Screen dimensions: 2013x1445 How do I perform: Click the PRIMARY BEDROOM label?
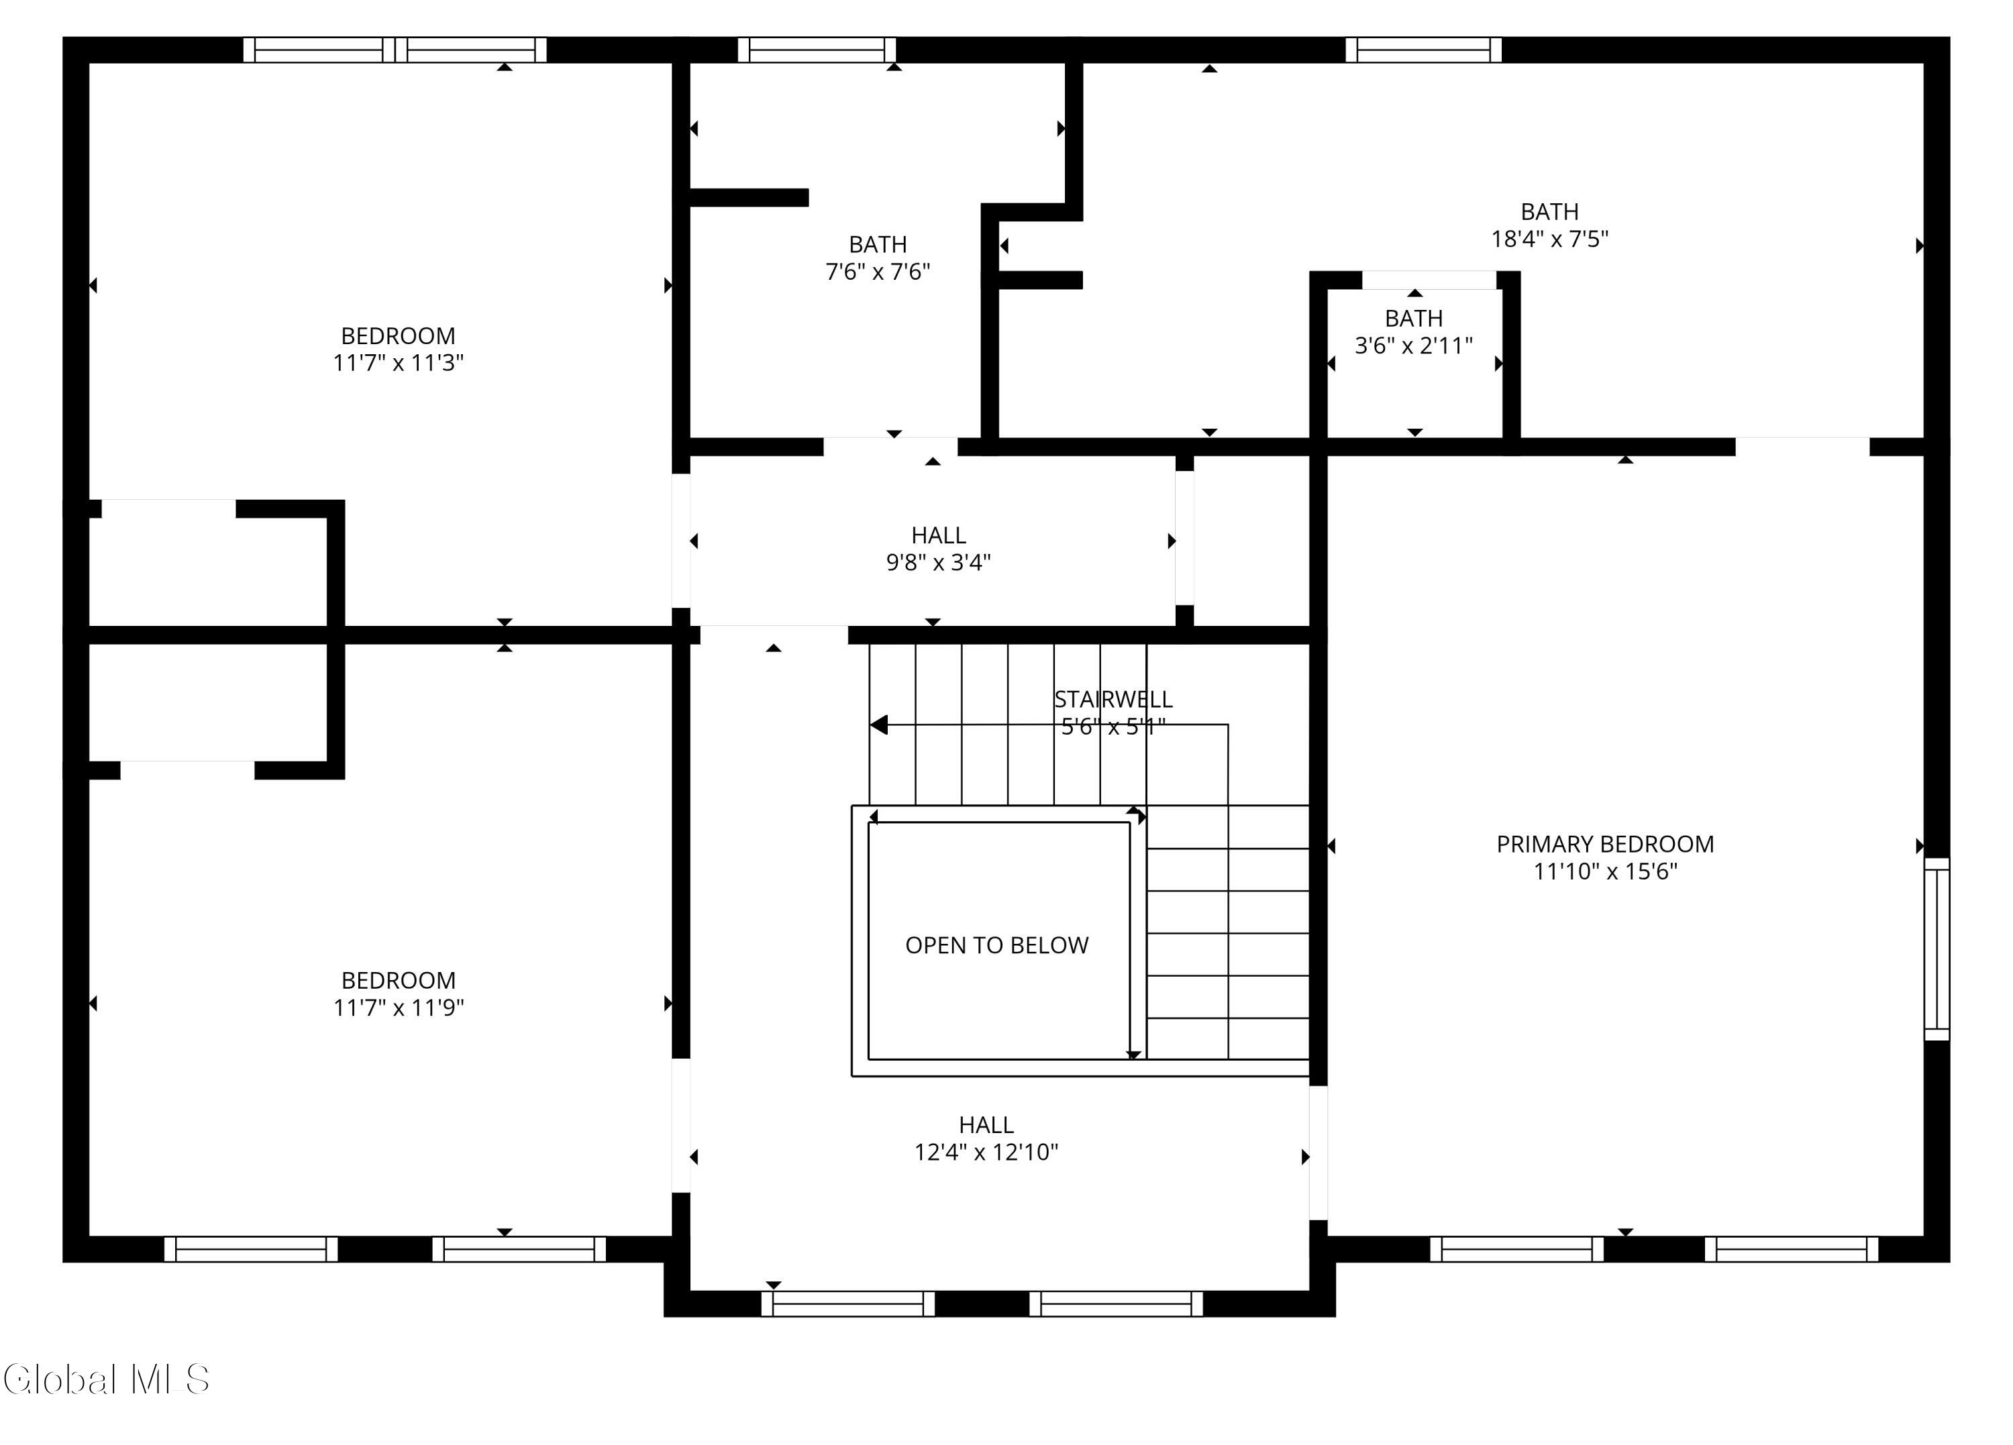click(x=1605, y=844)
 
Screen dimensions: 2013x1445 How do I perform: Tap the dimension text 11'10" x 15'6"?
click(x=1606, y=871)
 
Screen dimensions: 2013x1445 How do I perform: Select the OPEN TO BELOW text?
click(x=996, y=945)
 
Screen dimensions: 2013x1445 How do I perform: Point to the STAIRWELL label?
click(x=1113, y=700)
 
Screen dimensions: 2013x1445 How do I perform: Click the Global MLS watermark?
click(x=107, y=1379)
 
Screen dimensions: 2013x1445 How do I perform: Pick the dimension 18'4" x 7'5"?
click(x=1550, y=239)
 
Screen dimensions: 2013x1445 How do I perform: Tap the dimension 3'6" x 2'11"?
click(x=1414, y=345)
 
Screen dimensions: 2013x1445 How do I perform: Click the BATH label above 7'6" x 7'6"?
click(x=878, y=244)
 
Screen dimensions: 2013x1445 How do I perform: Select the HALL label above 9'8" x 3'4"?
click(x=938, y=535)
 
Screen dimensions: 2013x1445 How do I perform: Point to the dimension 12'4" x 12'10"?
click(x=986, y=1152)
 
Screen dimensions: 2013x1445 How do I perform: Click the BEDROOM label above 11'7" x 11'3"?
click(x=399, y=336)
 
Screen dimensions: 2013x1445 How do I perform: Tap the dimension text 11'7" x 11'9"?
click(x=399, y=1008)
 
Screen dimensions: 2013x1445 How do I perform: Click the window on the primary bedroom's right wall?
click(x=1937, y=948)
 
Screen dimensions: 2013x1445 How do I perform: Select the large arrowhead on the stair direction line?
click(x=879, y=725)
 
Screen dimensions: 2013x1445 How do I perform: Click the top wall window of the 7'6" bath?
click(x=817, y=50)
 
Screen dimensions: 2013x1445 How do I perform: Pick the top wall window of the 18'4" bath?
click(x=1424, y=50)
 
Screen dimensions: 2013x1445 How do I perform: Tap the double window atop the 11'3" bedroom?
click(x=395, y=50)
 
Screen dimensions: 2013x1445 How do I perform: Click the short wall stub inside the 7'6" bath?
click(x=749, y=197)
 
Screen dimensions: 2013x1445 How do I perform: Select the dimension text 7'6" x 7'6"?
click(x=878, y=272)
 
